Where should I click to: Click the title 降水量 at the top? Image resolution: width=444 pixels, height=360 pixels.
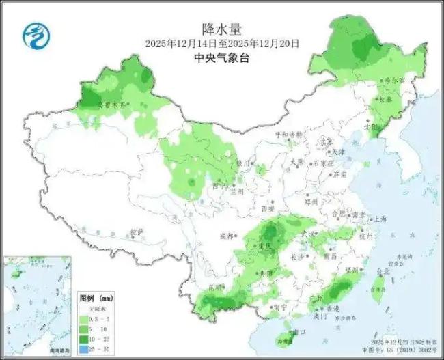222,28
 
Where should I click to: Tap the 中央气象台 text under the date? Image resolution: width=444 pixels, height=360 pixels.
222,59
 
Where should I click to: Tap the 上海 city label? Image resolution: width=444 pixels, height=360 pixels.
379,219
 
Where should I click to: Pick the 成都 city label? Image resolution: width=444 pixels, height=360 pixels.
227,236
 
